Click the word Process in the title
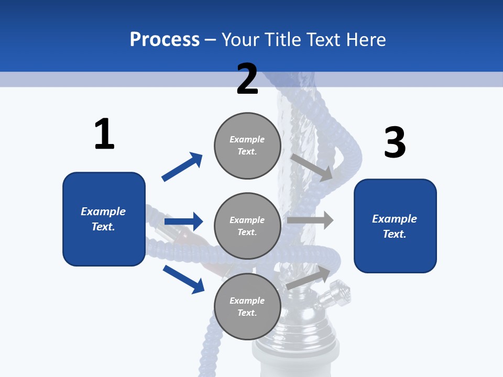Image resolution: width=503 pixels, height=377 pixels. (165, 40)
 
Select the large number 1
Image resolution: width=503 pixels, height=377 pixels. (104, 135)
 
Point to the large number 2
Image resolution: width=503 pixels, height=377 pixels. (247, 79)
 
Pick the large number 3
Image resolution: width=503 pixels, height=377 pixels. (395, 142)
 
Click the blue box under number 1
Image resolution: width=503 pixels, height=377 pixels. (104, 219)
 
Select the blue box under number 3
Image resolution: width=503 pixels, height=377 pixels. (395, 226)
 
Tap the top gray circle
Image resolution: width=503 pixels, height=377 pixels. (247, 146)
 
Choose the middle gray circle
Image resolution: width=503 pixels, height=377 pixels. (247, 226)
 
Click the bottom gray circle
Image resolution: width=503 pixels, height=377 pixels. (247, 306)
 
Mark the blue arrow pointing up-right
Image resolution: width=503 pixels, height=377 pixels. (182, 167)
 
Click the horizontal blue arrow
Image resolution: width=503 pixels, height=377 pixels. (183, 221)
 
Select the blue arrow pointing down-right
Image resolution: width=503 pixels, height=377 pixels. (183, 279)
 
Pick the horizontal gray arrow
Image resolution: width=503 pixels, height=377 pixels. (310, 220)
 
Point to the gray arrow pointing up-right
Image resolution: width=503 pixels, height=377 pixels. (309, 278)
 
